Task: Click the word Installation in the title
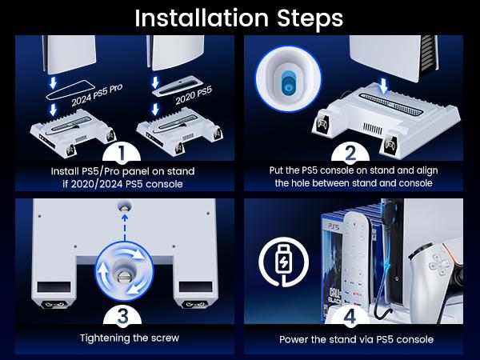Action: click(x=202, y=18)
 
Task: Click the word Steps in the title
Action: click(x=310, y=19)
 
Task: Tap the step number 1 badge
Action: click(x=122, y=152)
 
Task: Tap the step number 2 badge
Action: click(x=350, y=153)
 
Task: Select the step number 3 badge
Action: click(x=122, y=315)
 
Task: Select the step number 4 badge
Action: click(x=350, y=315)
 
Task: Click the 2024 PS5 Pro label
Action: click(x=97, y=95)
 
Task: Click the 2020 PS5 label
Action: click(x=194, y=95)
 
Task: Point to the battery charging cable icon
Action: click(x=283, y=262)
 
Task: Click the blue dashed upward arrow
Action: click(x=124, y=228)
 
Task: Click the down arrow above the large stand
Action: click(x=382, y=86)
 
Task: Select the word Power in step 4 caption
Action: click(x=294, y=339)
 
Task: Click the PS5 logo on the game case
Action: click(x=334, y=226)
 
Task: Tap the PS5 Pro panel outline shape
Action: click(x=69, y=90)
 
